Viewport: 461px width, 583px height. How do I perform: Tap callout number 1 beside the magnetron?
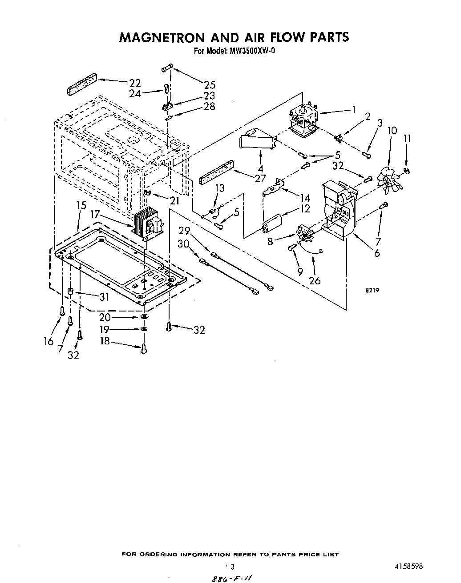353,109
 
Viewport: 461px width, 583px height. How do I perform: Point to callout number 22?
135,83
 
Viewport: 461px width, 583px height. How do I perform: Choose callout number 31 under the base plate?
104,297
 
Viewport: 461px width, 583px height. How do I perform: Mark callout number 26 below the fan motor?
315,280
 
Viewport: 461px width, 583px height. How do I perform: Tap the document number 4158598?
408,567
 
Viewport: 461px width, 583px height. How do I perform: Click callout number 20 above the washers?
105,317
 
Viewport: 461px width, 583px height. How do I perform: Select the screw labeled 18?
143,350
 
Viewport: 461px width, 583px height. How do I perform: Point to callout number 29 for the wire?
184,232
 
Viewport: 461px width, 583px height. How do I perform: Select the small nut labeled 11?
407,170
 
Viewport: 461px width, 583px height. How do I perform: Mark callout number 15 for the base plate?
81,206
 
